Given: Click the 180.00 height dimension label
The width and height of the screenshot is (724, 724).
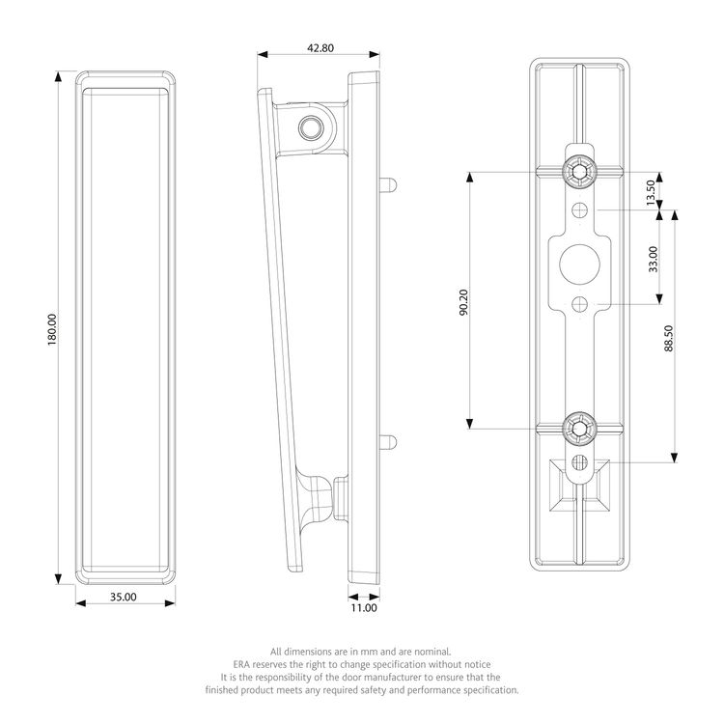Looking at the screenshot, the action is [52, 330].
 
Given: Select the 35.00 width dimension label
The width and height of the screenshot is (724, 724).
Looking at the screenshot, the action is [124, 597].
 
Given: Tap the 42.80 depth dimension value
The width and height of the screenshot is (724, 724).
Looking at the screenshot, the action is [320, 48].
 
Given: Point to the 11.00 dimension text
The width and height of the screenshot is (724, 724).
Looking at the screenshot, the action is [364, 608].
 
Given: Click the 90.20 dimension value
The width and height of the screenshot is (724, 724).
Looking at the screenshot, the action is [463, 302].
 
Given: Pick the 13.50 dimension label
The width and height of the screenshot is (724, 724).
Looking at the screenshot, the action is [651, 192].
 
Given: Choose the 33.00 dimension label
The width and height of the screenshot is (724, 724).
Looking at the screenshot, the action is [653, 259].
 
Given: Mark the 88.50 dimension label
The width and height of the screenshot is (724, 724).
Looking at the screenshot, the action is [669, 339].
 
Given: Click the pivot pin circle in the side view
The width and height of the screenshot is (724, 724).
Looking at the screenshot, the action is [311, 127].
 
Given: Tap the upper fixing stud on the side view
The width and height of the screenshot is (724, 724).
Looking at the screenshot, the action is [388, 185].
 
